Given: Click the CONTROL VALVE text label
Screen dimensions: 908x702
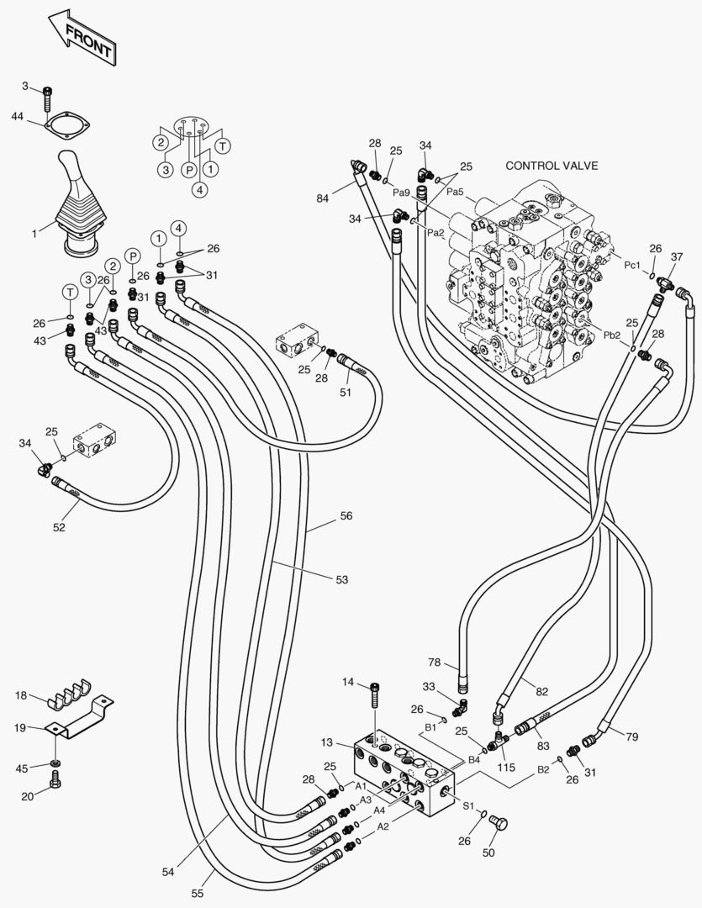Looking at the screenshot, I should pyautogui.click(x=552, y=166).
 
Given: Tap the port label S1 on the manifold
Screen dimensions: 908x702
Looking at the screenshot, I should pyautogui.click(x=469, y=805).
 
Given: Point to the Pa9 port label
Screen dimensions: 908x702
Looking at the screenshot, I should pyautogui.click(x=402, y=193).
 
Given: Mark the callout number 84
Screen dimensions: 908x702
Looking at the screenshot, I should pyautogui.click(x=323, y=199).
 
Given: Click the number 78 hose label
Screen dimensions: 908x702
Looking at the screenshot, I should pyautogui.click(x=435, y=663).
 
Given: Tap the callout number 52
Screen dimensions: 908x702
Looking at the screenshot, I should pyautogui.click(x=59, y=528).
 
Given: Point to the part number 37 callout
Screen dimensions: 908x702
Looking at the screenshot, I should pyautogui.click(x=678, y=256).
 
